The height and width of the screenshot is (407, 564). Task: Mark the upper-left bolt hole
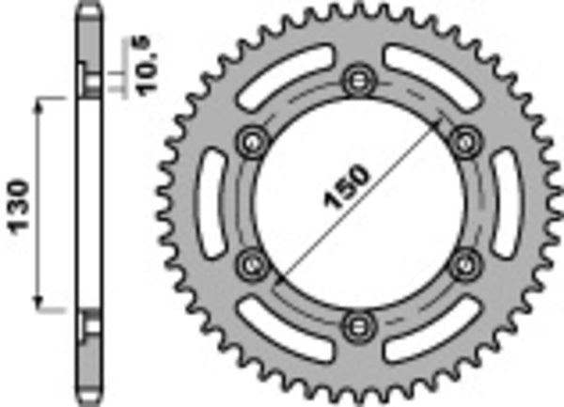click(x=252, y=140)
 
